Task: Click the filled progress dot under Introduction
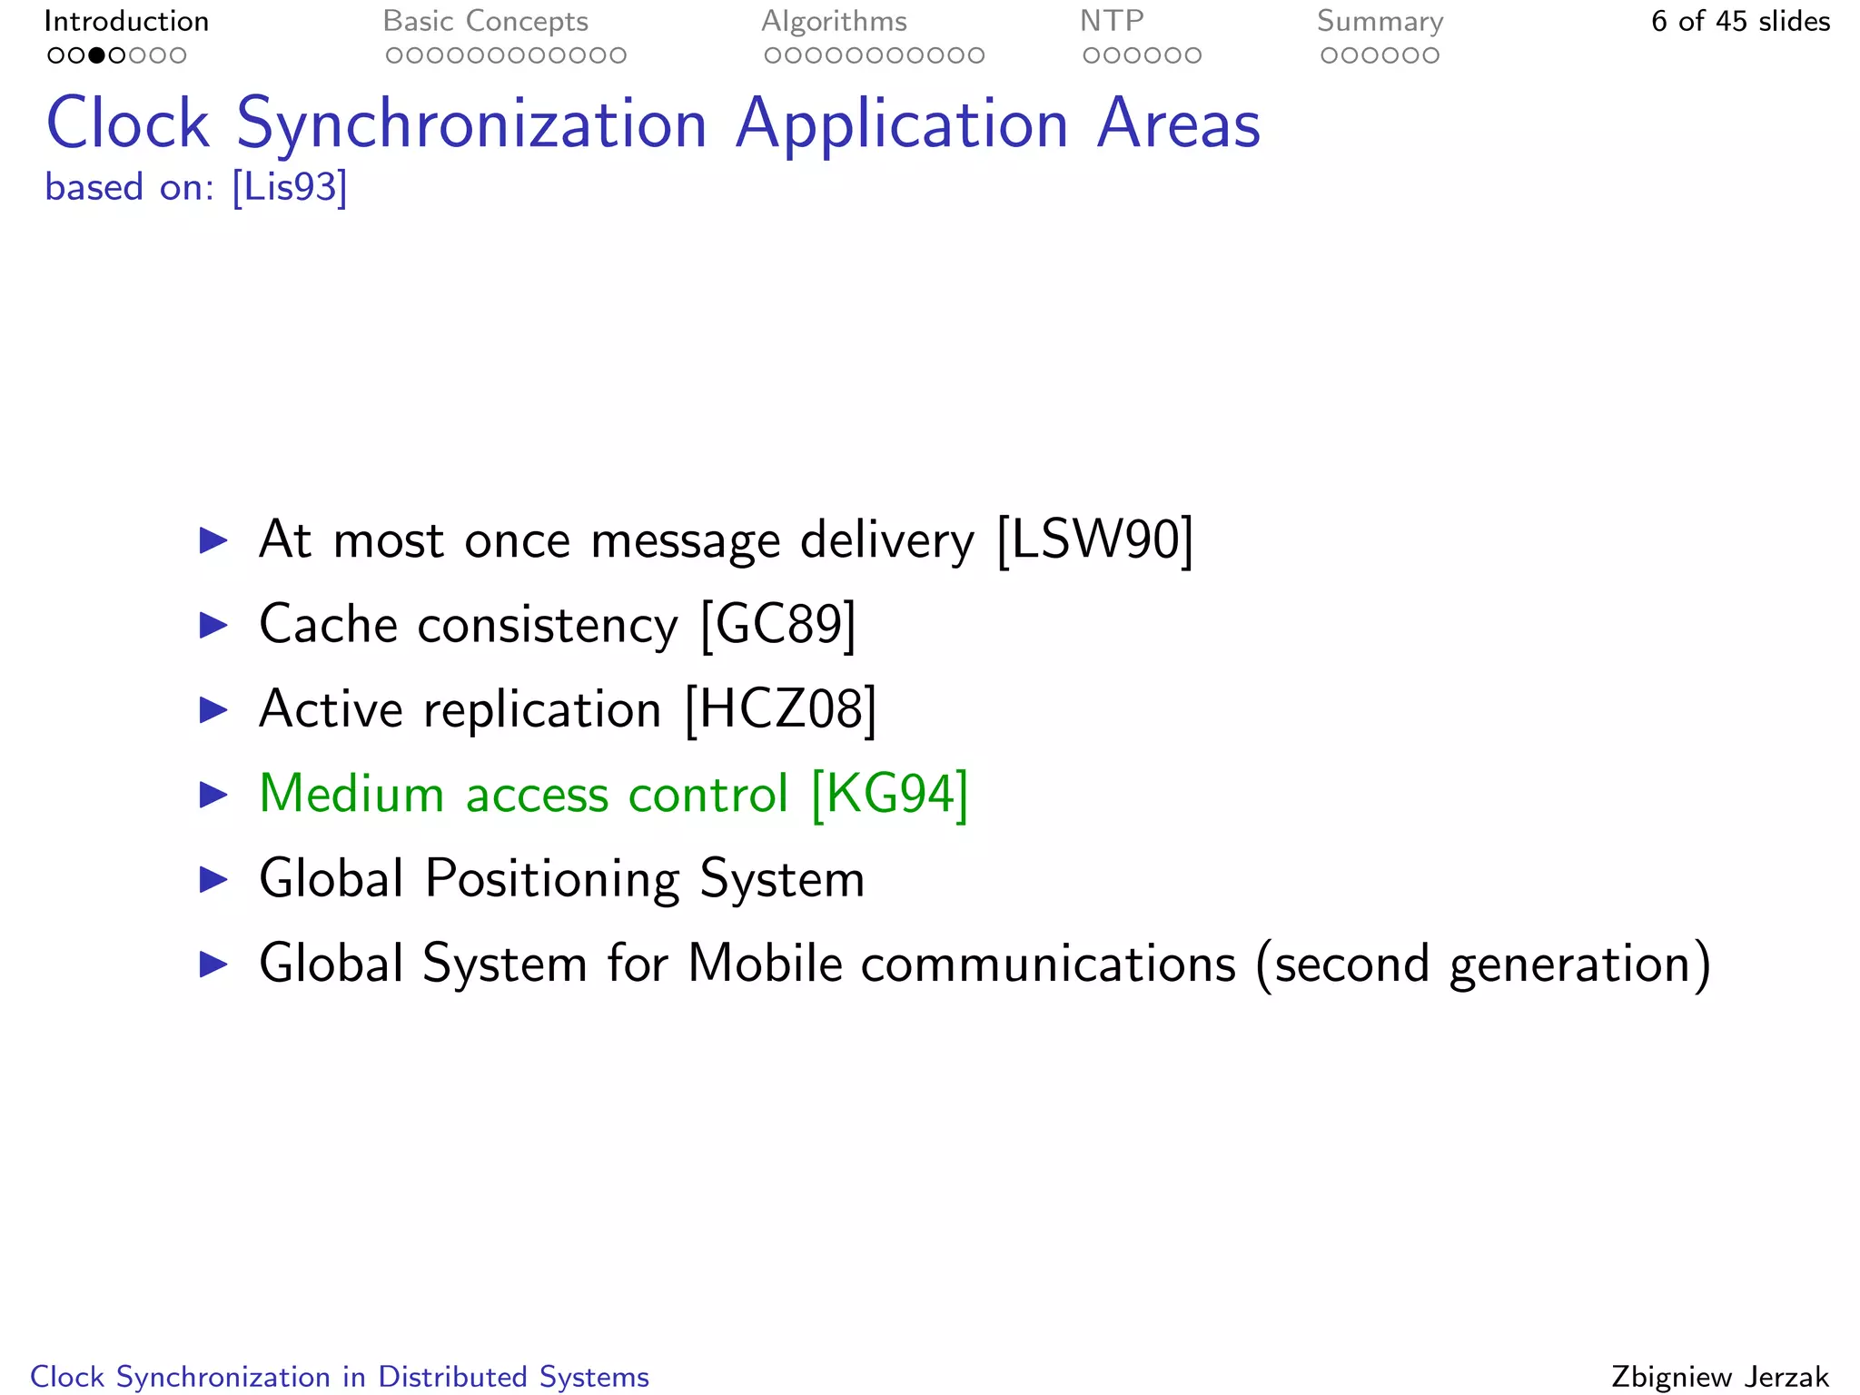click(96, 55)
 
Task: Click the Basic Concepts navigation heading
click(485, 21)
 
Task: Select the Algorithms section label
click(834, 21)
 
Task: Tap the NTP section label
click(1111, 21)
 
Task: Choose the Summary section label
click(1380, 21)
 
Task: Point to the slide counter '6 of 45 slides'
click(1740, 21)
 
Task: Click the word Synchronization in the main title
click(471, 124)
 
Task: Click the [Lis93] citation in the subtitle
click(290, 187)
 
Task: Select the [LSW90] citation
click(1094, 540)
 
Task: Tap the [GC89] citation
click(778, 625)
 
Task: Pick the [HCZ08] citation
click(780, 709)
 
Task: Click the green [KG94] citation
click(889, 794)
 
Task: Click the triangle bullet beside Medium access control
click(213, 795)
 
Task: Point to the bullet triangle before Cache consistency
click(213, 625)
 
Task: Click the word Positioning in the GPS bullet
click(552, 879)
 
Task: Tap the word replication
click(542, 709)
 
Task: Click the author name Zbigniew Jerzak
click(1720, 1377)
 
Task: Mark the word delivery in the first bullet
click(886, 540)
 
